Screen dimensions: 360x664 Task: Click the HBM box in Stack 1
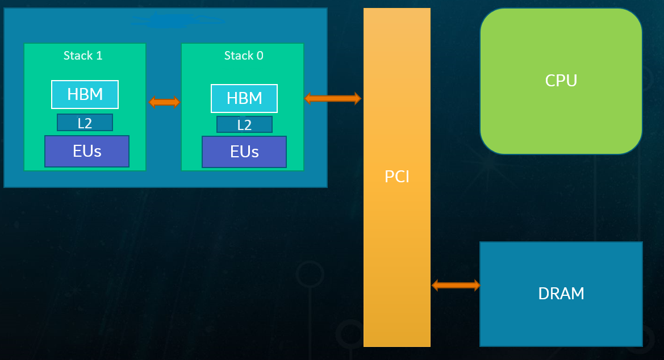85,94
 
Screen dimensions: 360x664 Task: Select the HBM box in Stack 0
244,98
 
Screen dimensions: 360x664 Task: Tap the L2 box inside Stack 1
85,122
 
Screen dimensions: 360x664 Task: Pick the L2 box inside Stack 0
244,124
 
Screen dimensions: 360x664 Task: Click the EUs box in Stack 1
87,151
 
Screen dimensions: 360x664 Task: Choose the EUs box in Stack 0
244,152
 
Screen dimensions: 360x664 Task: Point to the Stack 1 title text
83,56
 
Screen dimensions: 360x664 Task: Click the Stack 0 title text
244,56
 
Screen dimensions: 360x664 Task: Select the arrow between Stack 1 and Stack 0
164,102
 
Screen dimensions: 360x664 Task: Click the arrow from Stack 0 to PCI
333,98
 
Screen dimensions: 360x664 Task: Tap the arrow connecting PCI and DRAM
456,285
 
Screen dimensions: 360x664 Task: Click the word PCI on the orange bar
397,177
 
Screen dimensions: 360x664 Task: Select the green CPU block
561,114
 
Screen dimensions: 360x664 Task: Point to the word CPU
561,81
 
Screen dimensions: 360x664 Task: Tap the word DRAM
561,294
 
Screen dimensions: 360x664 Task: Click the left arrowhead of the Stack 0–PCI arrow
308,98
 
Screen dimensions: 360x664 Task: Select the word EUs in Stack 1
87,151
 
